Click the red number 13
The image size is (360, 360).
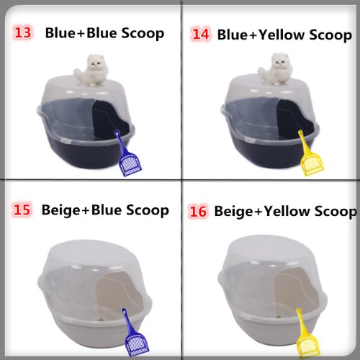pyautogui.click(x=24, y=32)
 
